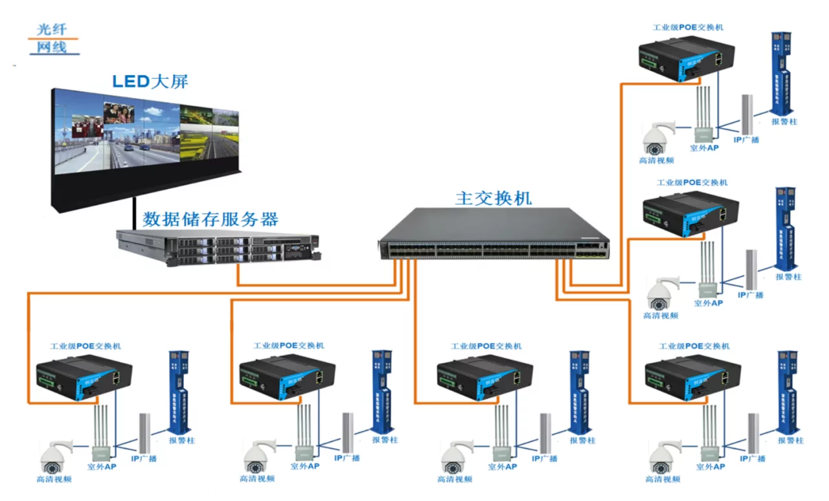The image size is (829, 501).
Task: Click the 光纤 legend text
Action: (x=52, y=29)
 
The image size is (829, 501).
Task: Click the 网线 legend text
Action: (x=52, y=47)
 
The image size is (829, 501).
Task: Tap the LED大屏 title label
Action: (x=150, y=82)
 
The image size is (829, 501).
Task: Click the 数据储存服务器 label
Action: (x=210, y=218)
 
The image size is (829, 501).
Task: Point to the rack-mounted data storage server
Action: (x=217, y=247)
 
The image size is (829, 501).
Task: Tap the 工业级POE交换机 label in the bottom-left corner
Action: (x=85, y=346)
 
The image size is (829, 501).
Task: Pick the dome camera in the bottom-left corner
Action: (x=54, y=456)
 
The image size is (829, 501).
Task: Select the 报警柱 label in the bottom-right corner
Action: (x=790, y=440)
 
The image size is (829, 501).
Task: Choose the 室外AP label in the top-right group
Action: (x=704, y=148)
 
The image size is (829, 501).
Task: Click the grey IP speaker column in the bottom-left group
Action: (x=144, y=432)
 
